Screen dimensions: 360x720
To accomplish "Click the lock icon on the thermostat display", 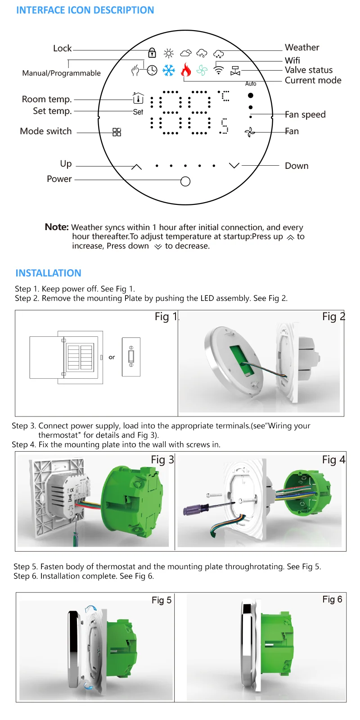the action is point(152,53).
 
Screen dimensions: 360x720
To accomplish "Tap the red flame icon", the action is point(186,70).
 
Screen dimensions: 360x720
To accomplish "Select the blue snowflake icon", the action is point(169,70).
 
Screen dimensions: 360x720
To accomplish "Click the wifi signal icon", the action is point(219,70).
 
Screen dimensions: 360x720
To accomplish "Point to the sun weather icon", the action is point(169,54).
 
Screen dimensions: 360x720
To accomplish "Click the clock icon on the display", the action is point(152,70).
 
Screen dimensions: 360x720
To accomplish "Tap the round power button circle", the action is point(185,181).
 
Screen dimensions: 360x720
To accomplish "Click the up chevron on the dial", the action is point(136,167).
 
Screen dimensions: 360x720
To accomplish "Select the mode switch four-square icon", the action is point(117,132).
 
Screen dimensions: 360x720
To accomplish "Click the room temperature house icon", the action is point(138,98).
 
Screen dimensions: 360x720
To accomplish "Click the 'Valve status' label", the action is point(309,70).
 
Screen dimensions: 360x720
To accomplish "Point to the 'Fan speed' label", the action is point(305,114).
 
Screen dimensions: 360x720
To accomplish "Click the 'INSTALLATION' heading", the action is point(48,273).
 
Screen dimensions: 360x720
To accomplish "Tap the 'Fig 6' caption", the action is point(332,599).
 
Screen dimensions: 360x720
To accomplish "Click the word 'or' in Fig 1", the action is point(112,357).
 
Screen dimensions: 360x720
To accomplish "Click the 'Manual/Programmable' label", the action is point(62,73).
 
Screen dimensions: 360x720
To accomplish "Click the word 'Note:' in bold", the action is point(57,227).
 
